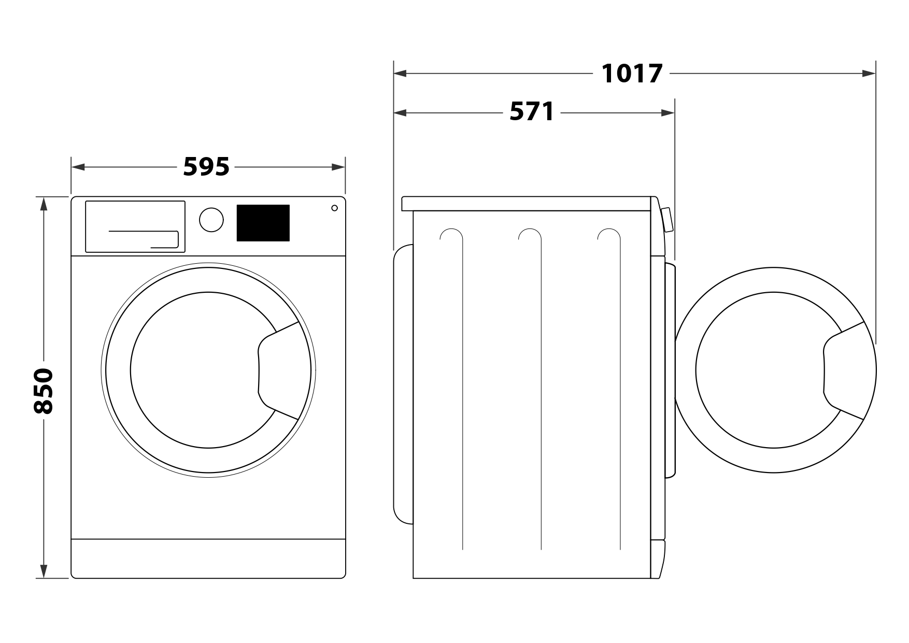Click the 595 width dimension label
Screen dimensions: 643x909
(206, 167)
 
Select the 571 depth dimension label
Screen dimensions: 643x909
(532, 111)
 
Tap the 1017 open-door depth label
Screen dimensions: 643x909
(632, 73)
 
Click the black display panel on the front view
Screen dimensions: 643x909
(263, 223)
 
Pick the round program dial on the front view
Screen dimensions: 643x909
(211, 220)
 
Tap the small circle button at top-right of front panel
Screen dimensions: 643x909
(334, 208)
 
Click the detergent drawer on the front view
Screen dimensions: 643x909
(135, 226)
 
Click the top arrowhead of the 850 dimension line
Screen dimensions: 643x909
(44, 203)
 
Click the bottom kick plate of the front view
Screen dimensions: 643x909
(208, 558)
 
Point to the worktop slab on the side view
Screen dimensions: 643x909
(527, 203)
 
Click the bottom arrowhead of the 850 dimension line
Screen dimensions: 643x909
(44, 571)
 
